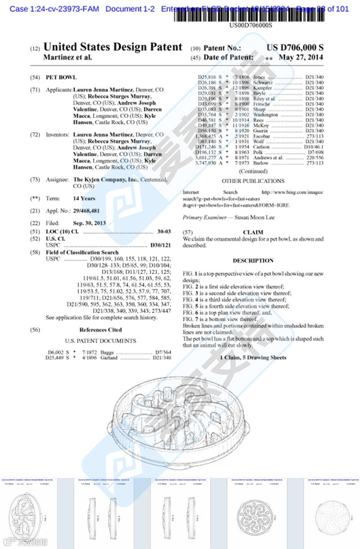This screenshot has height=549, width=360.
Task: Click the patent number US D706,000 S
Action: [295, 48]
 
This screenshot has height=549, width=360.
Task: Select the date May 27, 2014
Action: [301, 58]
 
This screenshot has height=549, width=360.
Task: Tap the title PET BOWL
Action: [61, 77]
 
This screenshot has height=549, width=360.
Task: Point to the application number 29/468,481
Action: [86, 211]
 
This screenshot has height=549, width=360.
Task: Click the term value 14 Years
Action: [84, 198]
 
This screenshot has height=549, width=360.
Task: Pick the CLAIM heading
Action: [253, 232]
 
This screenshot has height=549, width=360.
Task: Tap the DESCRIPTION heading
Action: [253, 261]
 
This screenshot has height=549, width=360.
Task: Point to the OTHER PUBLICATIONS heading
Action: [253, 181]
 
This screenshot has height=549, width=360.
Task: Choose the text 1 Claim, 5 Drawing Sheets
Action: [253, 357]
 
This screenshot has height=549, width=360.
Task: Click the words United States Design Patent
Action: [112, 47]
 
